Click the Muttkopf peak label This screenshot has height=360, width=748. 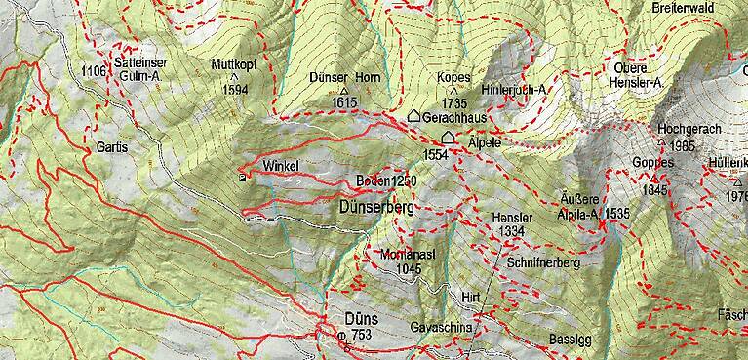pyautogui.click(x=234, y=63)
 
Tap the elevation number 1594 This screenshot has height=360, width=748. pyautogui.click(x=235, y=89)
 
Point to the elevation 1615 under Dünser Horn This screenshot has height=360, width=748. pyautogui.click(x=345, y=101)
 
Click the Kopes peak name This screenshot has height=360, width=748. pyautogui.click(x=454, y=77)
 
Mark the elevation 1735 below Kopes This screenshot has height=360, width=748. pyautogui.click(x=454, y=101)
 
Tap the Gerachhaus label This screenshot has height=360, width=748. pyautogui.click(x=458, y=117)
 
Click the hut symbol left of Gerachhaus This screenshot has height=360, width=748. pyautogui.click(x=413, y=116)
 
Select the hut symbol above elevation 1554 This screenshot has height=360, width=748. pyautogui.click(x=448, y=137)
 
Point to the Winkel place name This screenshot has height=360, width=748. pyautogui.click(x=279, y=165)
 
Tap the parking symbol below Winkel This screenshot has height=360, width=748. pyautogui.click(x=242, y=177)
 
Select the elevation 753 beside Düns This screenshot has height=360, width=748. pyautogui.click(x=363, y=336)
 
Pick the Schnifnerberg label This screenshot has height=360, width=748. pyautogui.click(x=543, y=263)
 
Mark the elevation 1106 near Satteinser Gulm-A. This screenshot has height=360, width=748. pyautogui.click(x=95, y=71)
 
